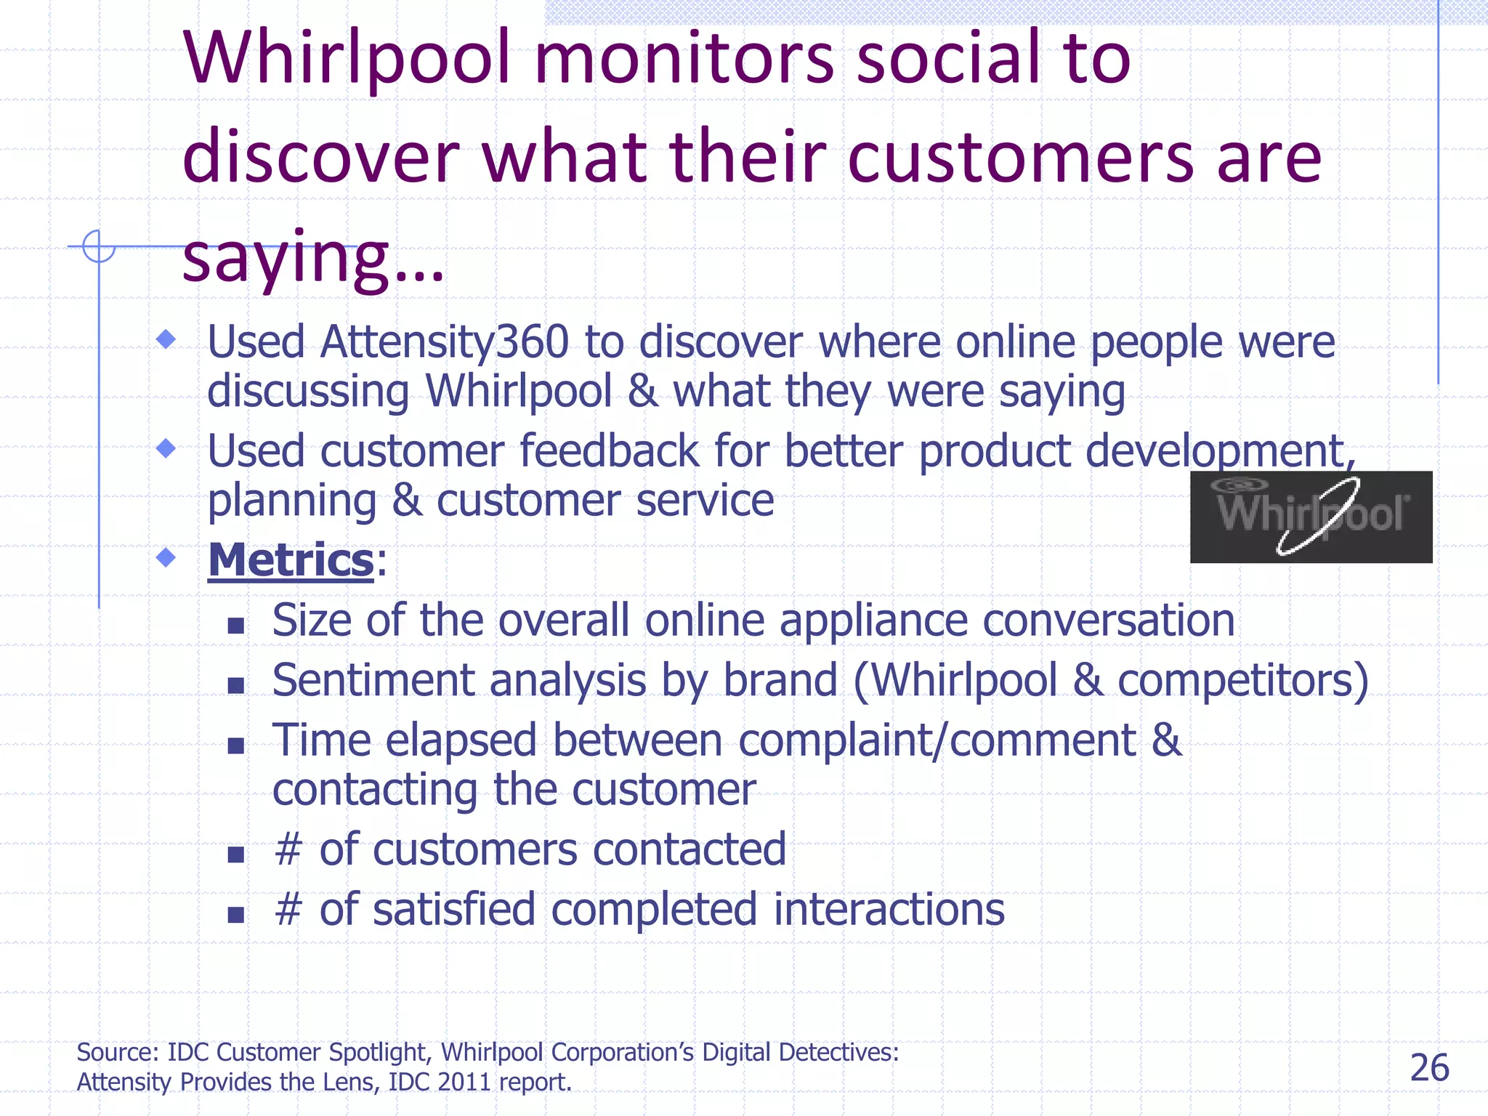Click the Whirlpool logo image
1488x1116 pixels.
click(x=1311, y=517)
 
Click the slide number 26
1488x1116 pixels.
click(x=1429, y=1068)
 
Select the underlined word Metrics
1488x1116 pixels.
click(x=291, y=560)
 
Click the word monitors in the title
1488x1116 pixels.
click(x=684, y=58)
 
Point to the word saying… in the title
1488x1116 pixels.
click(x=312, y=258)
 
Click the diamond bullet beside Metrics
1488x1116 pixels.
click(x=166, y=557)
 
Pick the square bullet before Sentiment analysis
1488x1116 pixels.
click(x=235, y=684)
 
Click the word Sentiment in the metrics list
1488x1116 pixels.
click(x=373, y=681)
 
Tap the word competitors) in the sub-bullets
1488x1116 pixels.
click(x=1242, y=681)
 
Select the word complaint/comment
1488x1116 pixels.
click(x=937, y=740)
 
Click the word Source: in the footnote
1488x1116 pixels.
click(x=118, y=1052)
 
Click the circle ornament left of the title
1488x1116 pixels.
click(x=99, y=246)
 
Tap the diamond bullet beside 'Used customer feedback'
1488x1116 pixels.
click(x=166, y=448)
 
